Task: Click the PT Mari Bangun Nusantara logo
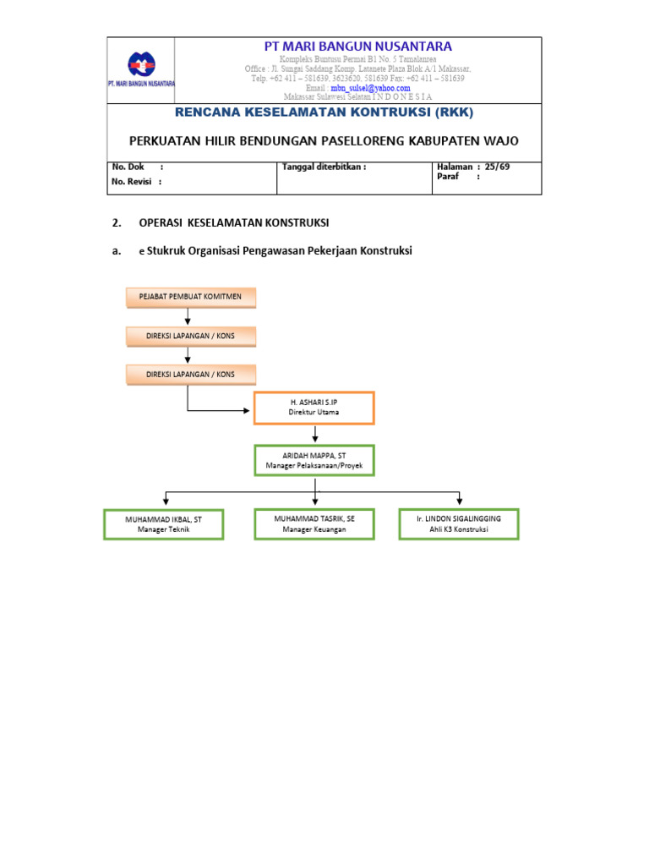(x=141, y=65)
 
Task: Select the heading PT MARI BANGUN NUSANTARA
(x=357, y=47)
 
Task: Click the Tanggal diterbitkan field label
(x=324, y=167)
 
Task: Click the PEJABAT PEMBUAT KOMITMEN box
(x=190, y=297)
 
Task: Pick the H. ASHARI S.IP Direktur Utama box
(x=314, y=408)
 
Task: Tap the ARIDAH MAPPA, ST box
(x=314, y=460)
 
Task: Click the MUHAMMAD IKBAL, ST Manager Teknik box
(x=164, y=524)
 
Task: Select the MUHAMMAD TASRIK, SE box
(x=314, y=523)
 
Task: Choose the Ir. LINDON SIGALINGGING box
(x=459, y=523)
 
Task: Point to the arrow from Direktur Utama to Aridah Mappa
(x=314, y=435)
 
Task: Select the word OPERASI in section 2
(x=161, y=223)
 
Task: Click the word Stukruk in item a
(x=166, y=250)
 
